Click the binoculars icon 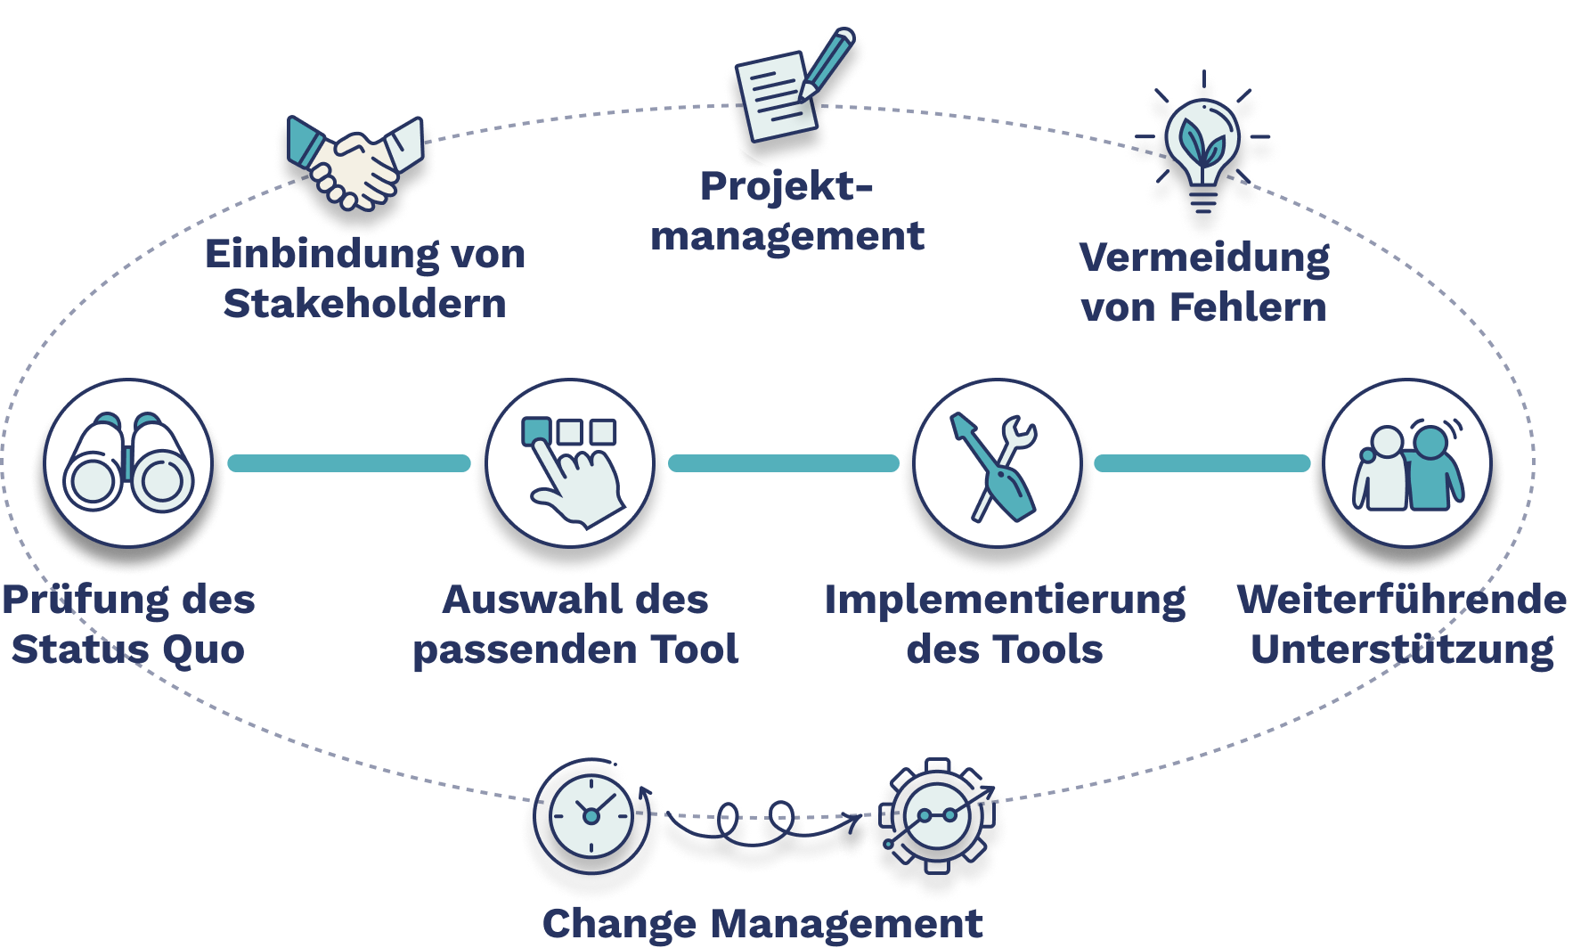click(128, 462)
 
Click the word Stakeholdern click(364, 304)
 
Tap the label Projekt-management click(787, 211)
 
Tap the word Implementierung click(1005, 600)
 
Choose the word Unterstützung click(1402, 650)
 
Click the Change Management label click(762, 924)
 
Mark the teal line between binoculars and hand click(348, 462)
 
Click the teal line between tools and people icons click(1202, 462)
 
